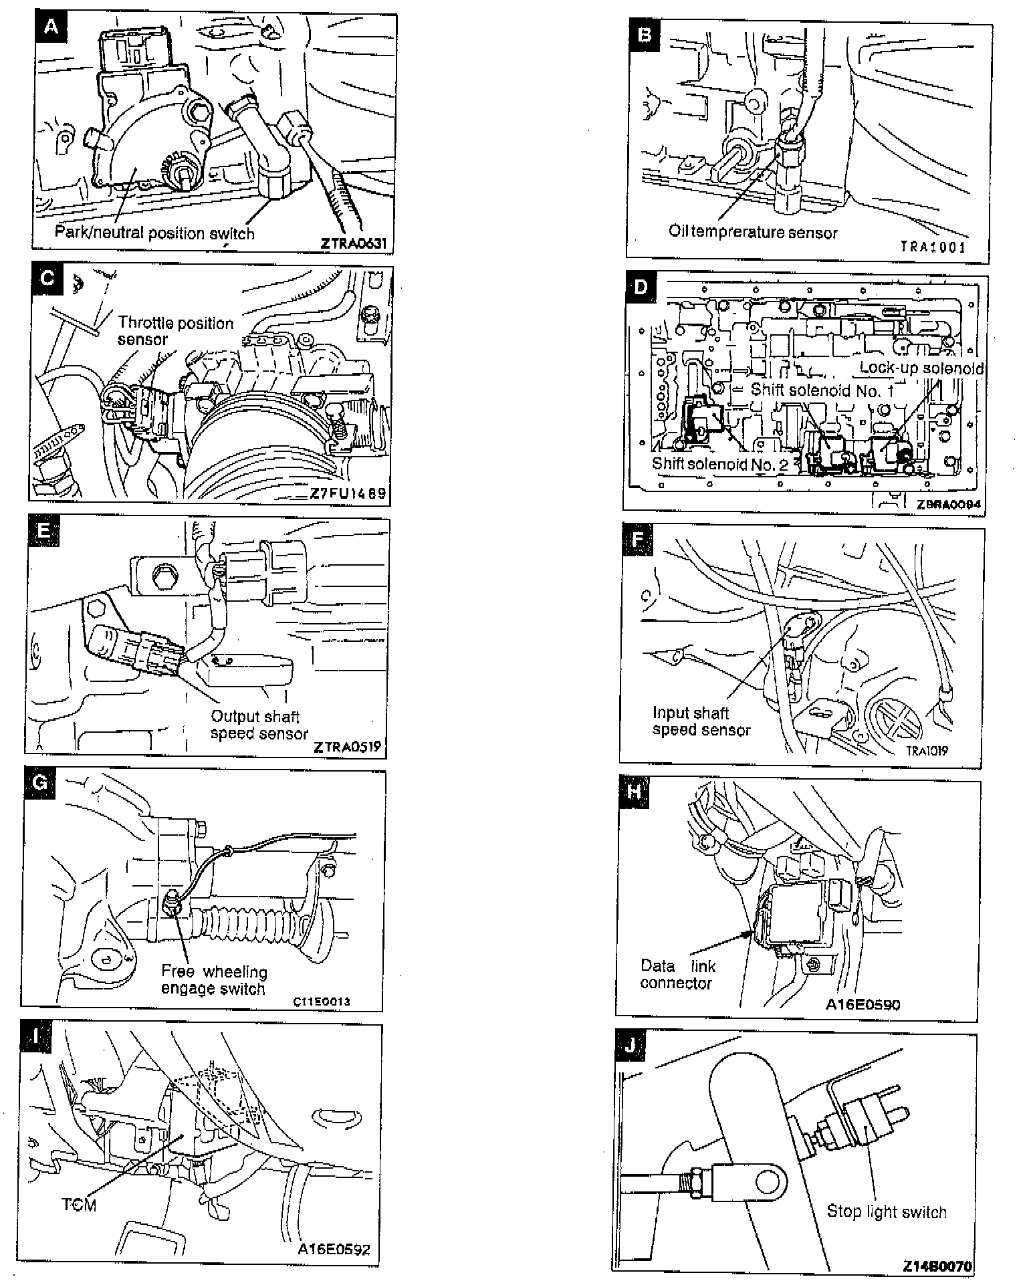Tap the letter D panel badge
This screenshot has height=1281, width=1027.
pos(641,287)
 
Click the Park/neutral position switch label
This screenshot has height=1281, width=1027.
pos(154,233)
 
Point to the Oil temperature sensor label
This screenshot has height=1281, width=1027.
pos(753,232)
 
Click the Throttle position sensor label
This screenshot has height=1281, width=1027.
pos(175,331)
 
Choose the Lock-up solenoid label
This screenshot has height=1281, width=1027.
pos(921,368)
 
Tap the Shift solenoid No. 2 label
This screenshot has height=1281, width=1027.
pos(719,464)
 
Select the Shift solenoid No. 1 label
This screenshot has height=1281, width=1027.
pos(822,390)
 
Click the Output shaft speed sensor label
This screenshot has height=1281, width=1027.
pos(259,725)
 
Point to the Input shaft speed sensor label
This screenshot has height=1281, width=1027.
pos(701,721)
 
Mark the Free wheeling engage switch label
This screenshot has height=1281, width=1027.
pos(213,980)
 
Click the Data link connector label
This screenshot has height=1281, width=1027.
pos(677,974)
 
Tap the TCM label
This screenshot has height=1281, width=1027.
pos(79,1205)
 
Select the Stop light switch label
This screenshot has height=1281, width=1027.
pos(887,1211)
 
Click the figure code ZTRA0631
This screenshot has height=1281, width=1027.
pos(353,243)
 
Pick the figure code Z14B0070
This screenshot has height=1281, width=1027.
pos(937,1266)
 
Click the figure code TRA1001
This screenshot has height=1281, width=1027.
pos(933,247)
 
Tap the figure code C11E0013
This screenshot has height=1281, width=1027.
pos(321,1002)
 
